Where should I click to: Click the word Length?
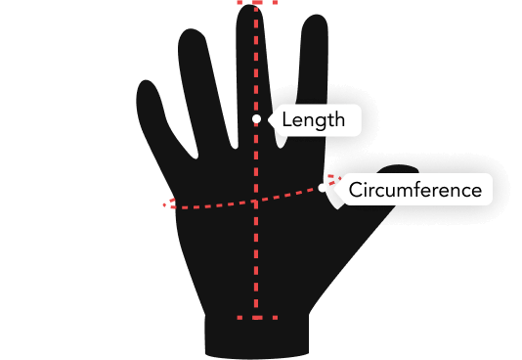[x=313, y=120]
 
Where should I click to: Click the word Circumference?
[x=415, y=189]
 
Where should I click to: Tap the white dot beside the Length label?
[x=256, y=119]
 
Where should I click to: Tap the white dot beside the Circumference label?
[x=324, y=188]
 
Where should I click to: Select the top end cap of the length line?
[x=256, y=3]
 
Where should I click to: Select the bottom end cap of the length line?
[x=256, y=317]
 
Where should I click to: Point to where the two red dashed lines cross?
[x=256, y=202]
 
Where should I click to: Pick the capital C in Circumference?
[x=356, y=189]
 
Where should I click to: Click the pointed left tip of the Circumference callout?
[x=334, y=188]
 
